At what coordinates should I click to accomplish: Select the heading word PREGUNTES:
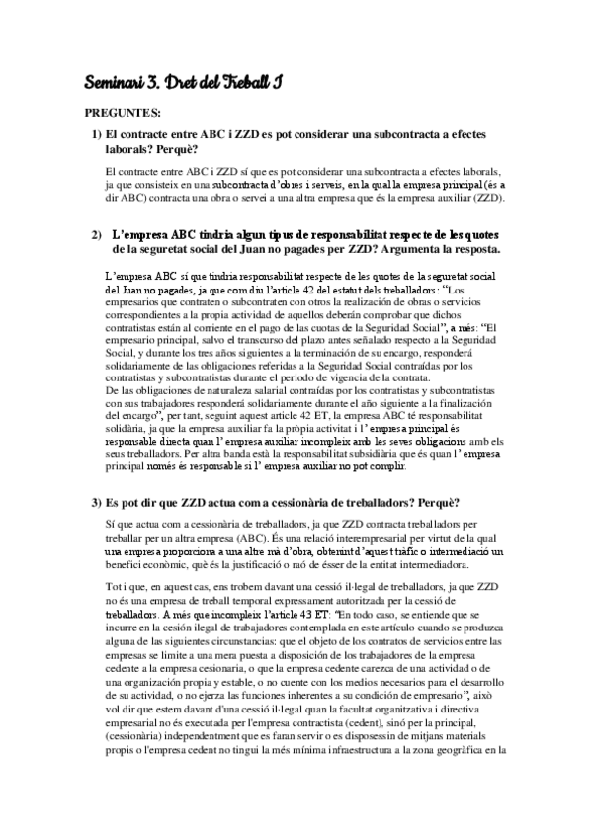(x=118, y=112)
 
